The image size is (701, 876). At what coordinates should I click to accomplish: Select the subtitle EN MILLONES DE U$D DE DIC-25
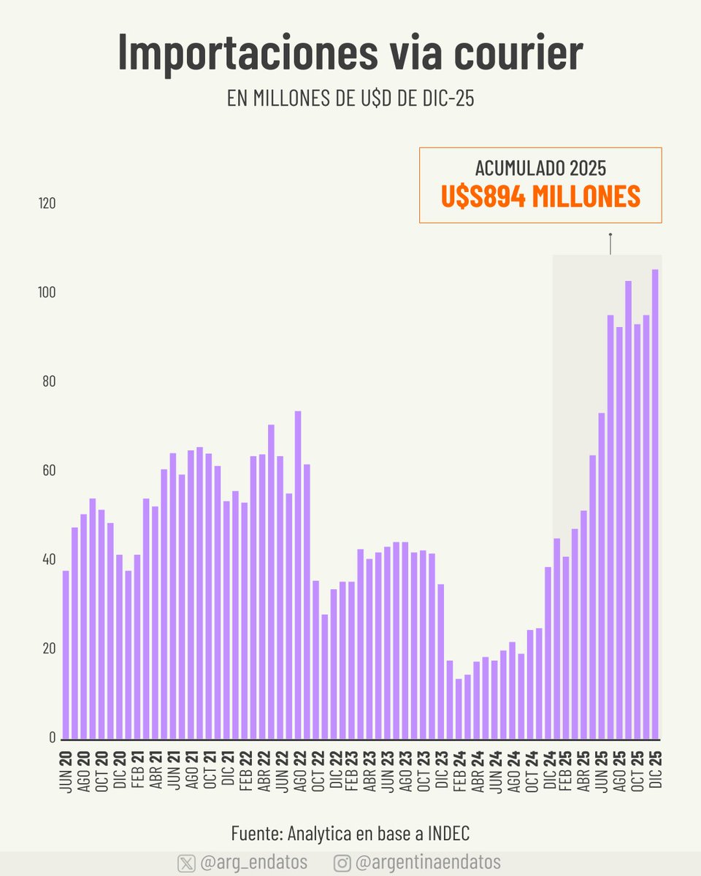coord(350,99)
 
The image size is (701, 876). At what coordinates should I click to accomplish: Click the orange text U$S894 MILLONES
coord(540,196)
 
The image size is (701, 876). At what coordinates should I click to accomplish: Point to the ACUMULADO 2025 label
coord(540,168)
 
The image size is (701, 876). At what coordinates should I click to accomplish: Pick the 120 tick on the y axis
coord(47,203)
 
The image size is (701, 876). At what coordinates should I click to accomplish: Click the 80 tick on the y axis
coord(47,381)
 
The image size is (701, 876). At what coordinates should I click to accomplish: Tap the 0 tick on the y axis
coord(52,737)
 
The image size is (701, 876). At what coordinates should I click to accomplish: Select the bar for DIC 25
coord(655,504)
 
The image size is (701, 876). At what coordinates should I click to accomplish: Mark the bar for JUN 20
coord(66,654)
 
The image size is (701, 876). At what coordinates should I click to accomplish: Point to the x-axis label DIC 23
coord(440,769)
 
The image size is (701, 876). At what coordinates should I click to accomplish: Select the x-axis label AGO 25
coord(619,769)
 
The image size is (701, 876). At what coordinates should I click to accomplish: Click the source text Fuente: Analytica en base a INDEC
coord(350,833)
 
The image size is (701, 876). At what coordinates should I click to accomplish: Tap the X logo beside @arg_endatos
coord(186,863)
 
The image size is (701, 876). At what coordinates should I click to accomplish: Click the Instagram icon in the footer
coord(342,863)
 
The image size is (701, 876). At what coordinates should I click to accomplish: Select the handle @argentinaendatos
coord(428,863)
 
